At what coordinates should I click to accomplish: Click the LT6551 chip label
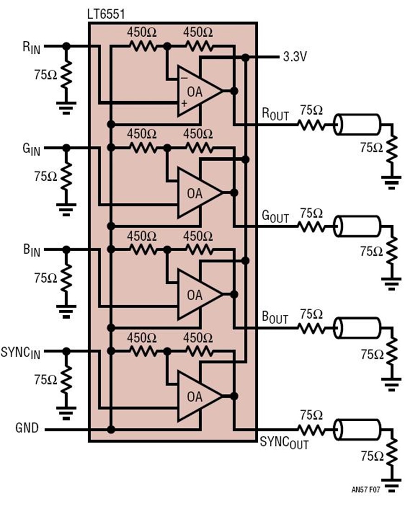(x=106, y=14)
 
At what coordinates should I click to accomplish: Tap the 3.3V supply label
(x=294, y=57)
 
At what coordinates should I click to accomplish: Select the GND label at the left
(x=27, y=428)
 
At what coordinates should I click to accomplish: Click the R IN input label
(x=32, y=47)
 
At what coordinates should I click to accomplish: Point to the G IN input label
(x=32, y=149)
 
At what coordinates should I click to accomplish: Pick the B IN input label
(x=32, y=251)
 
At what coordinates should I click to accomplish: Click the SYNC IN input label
(x=21, y=352)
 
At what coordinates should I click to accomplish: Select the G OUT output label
(x=275, y=216)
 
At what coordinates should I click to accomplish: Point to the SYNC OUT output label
(x=284, y=443)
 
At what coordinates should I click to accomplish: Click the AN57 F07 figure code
(x=366, y=489)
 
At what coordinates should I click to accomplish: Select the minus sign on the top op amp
(x=183, y=78)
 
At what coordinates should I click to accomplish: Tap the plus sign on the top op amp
(x=184, y=104)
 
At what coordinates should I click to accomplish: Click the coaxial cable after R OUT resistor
(x=357, y=124)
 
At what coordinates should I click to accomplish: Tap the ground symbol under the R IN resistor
(x=66, y=108)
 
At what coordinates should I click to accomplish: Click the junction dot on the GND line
(x=111, y=430)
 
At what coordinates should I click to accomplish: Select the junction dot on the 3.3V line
(x=246, y=58)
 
